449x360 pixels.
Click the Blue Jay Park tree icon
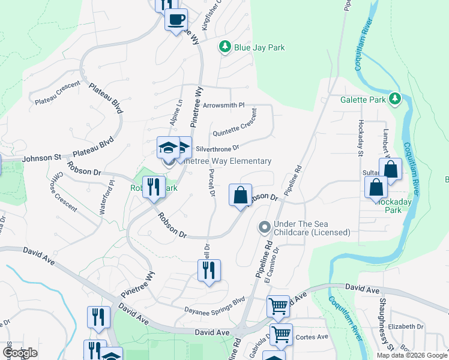point(225,47)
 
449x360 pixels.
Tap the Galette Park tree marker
point(394,98)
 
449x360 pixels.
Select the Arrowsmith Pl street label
point(224,105)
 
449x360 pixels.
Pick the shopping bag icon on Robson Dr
point(240,195)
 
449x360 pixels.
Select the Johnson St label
point(42,158)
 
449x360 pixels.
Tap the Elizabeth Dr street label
point(406,326)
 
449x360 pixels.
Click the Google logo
point(20,353)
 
